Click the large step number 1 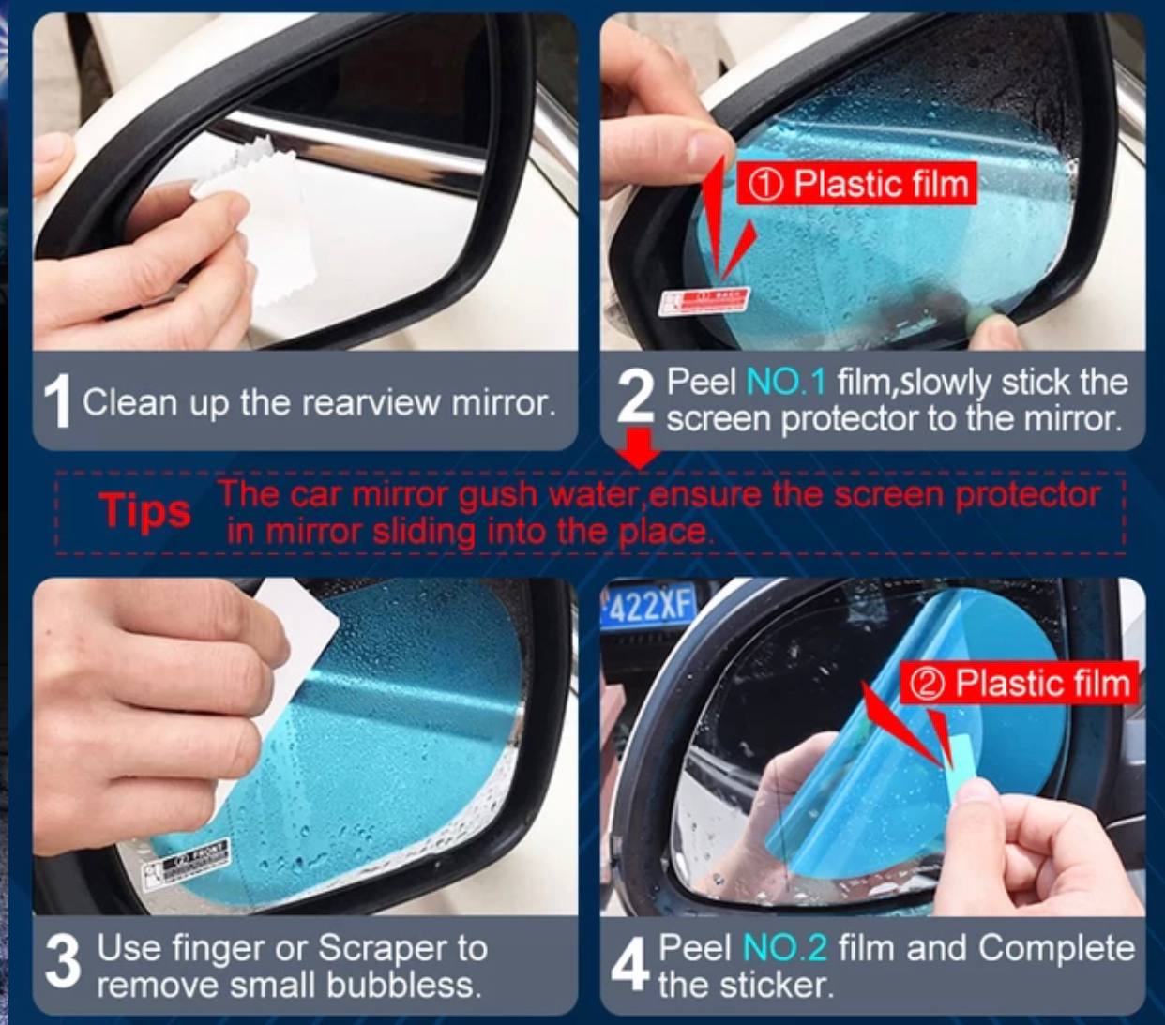(x=57, y=401)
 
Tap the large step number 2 (x=634, y=398)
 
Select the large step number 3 (x=62, y=962)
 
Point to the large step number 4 (x=629, y=965)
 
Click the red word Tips (x=144, y=511)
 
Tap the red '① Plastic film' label (x=857, y=184)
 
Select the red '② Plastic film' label (x=1020, y=684)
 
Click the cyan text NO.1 (x=786, y=383)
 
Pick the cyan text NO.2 (x=784, y=948)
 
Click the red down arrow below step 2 (x=641, y=447)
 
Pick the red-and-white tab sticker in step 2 (x=704, y=301)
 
